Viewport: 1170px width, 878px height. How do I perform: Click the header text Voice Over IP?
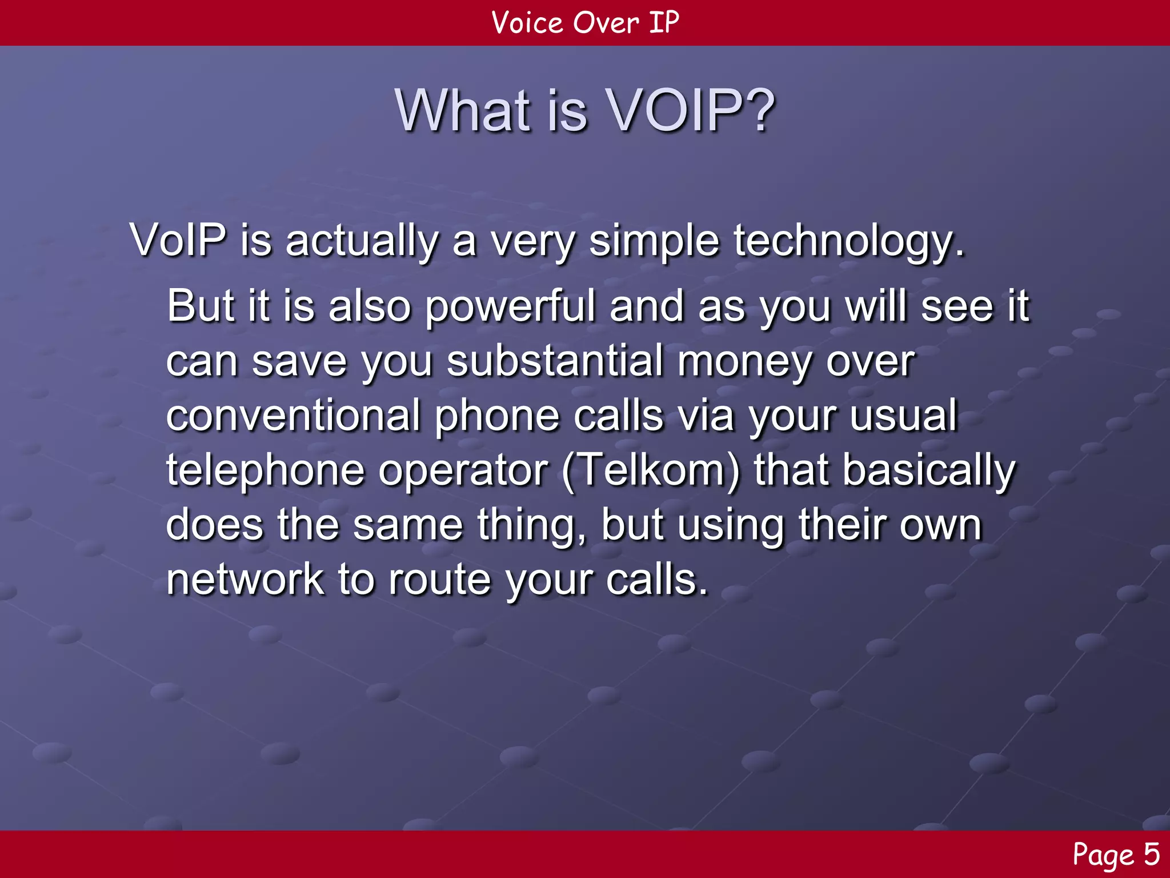585,23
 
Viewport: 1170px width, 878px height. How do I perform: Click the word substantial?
555,361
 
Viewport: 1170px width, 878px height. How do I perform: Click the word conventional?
293,416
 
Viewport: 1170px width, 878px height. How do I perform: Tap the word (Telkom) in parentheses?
651,470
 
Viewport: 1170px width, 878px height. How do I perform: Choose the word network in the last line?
245,579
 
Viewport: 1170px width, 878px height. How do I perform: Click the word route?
439,579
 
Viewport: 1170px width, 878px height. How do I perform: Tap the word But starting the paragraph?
201,306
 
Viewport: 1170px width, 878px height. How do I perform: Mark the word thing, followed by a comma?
531,525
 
